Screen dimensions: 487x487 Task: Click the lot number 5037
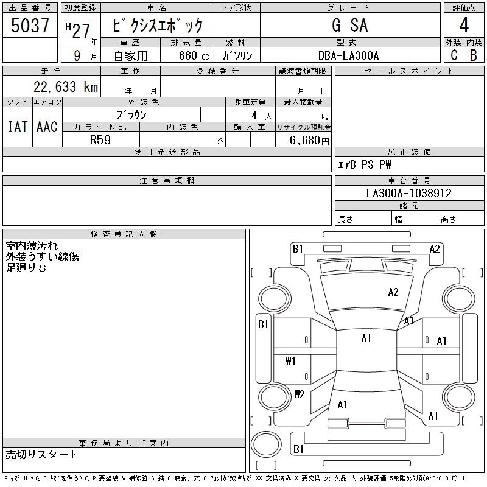click(30, 26)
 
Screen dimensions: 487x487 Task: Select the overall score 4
click(463, 26)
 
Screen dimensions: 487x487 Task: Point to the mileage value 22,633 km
click(66, 87)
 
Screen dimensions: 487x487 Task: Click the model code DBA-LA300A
click(349, 56)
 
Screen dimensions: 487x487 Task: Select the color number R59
click(101, 139)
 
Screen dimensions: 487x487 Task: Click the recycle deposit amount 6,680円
click(310, 140)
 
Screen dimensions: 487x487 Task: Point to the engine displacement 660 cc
click(186, 56)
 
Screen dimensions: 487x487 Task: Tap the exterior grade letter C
click(454, 55)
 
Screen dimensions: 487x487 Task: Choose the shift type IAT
click(17, 127)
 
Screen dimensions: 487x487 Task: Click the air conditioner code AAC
click(47, 127)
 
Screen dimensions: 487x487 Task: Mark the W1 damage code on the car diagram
click(290, 361)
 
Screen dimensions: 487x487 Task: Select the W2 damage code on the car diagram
click(299, 394)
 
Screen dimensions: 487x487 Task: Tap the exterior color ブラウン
click(131, 114)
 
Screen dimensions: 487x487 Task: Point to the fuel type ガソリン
click(237, 56)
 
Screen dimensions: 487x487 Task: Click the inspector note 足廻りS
click(26, 268)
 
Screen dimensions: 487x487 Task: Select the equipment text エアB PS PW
click(365, 165)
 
